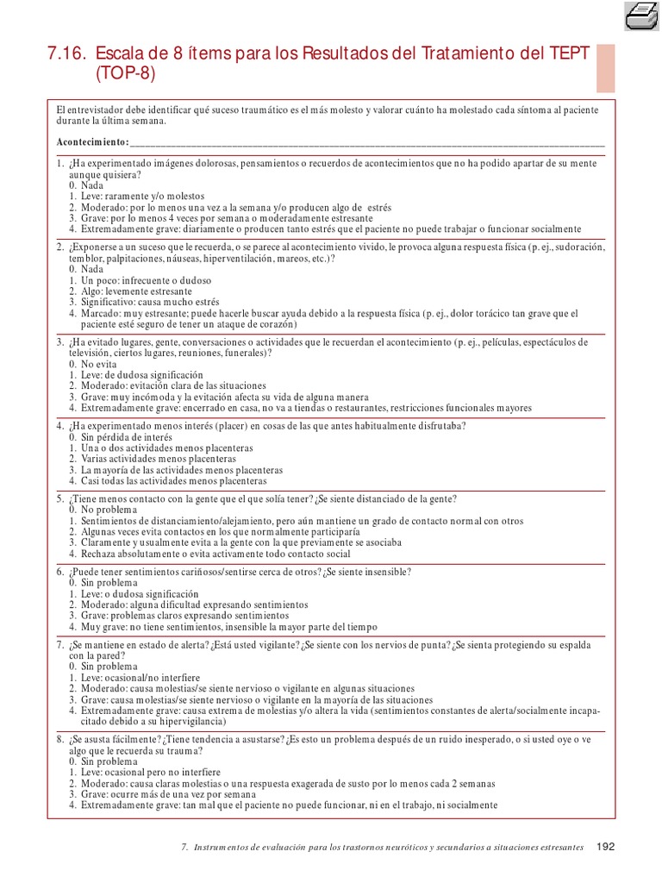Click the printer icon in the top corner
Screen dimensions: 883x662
(x=640, y=15)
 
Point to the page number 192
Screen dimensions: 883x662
(x=605, y=847)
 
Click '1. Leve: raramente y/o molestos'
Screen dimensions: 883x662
(x=137, y=197)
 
